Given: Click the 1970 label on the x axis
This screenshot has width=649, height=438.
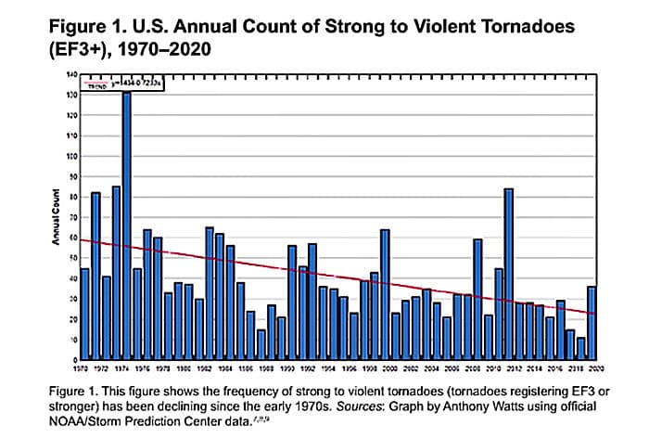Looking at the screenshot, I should [84, 367].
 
